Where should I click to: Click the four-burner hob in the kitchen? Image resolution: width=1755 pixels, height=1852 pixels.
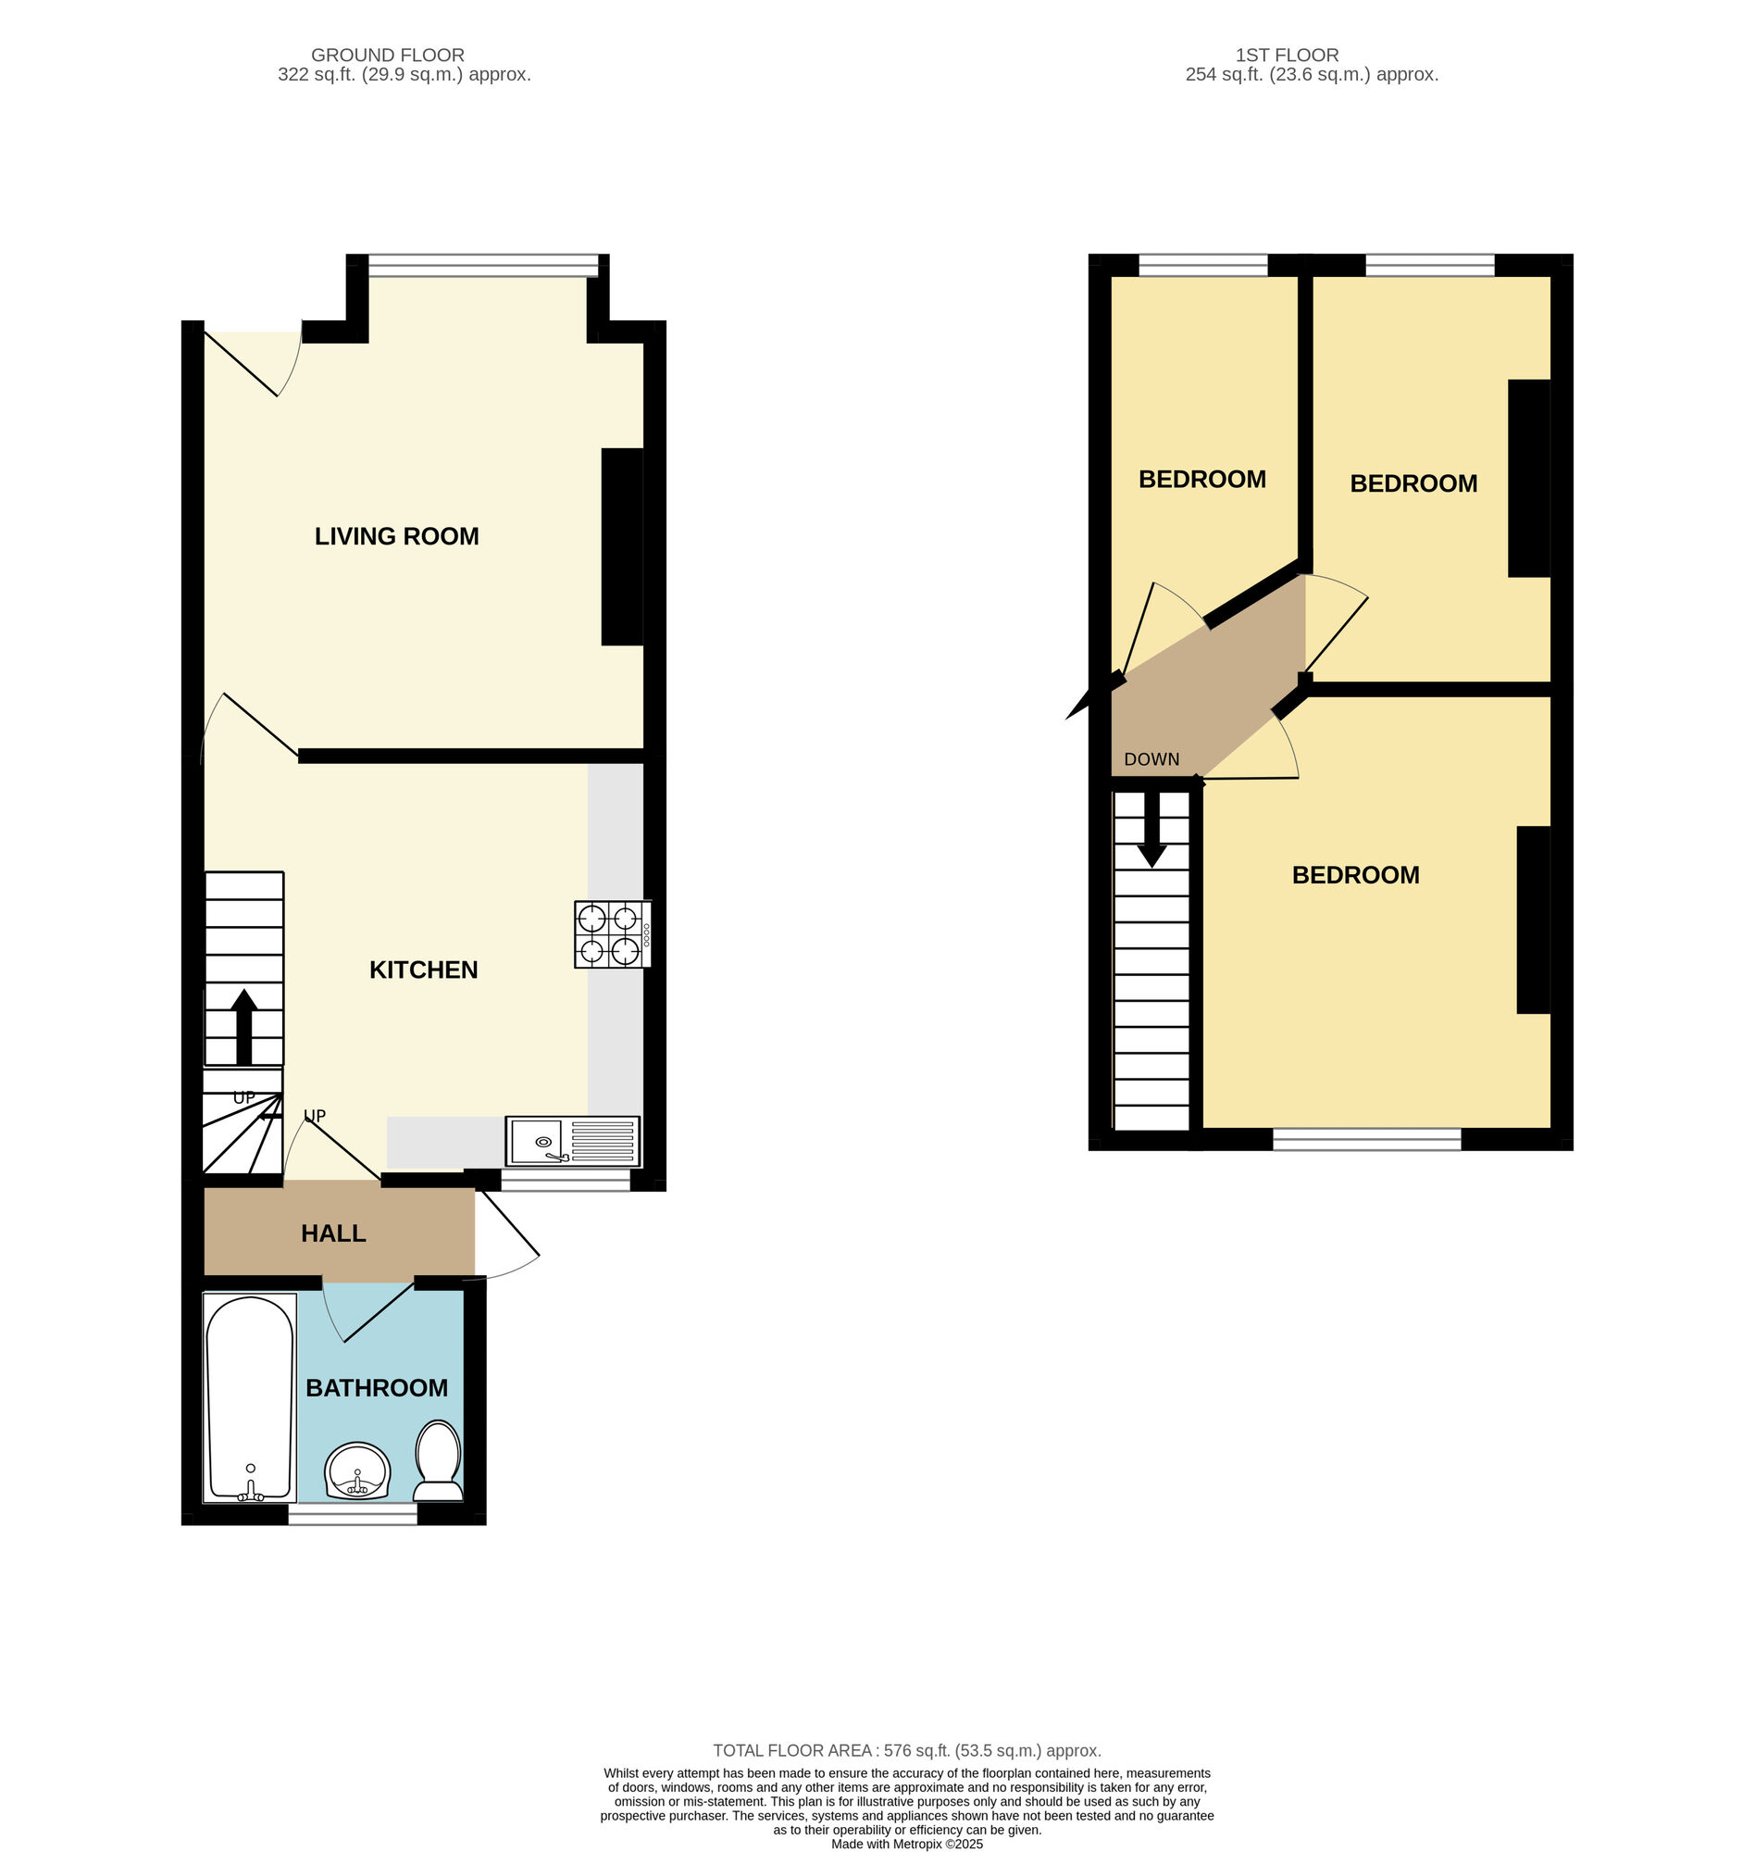613,934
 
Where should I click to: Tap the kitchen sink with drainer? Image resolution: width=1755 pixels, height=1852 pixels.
573,1141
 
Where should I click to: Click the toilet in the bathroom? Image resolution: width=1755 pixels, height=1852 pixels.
438,1461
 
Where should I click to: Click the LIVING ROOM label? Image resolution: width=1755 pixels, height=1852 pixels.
397,536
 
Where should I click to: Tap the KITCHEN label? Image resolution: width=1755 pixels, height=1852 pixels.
424,970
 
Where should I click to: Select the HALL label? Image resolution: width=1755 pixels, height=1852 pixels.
333,1233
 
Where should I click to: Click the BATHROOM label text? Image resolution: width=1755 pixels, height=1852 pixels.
377,1388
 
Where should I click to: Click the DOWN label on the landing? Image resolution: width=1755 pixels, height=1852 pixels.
1151,760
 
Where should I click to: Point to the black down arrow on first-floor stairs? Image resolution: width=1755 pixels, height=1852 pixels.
1151,829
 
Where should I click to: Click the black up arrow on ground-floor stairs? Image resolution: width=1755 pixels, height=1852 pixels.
243,1027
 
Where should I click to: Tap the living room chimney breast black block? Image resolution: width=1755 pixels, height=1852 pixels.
622,547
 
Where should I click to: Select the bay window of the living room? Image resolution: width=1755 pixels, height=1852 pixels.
483,266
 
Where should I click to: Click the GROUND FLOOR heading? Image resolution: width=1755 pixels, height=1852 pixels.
387,56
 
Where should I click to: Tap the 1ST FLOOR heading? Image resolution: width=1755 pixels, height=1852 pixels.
1288,56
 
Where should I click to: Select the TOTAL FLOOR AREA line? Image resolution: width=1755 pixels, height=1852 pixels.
906,1750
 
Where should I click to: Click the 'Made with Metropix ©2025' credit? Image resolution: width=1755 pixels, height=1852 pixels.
906,1845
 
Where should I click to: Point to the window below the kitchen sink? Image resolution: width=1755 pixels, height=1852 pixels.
565,1181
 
